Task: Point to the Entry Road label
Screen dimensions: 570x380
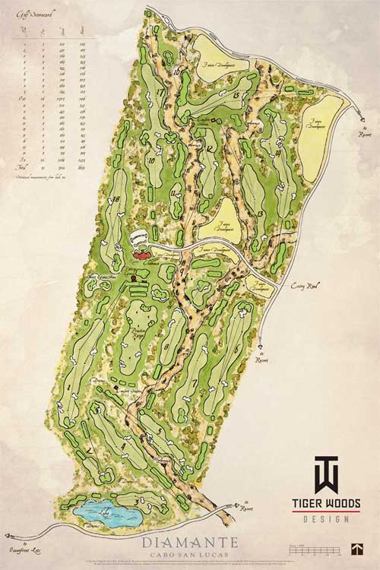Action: pyautogui.click(x=304, y=286)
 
